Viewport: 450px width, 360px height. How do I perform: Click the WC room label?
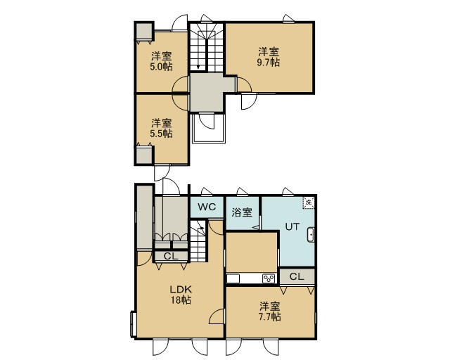coord(207,207)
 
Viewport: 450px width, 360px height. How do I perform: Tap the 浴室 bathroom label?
coord(242,213)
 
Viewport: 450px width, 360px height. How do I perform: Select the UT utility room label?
coord(292,226)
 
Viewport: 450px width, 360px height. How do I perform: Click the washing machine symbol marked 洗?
coord(308,202)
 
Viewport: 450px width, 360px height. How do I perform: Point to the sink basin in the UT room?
coord(311,235)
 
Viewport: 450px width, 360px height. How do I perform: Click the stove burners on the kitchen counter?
coord(269,278)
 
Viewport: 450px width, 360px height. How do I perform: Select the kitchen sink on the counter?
coord(233,278)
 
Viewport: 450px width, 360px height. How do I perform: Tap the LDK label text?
coord(181,290)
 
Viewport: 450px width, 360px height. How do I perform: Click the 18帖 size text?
coord(181,300)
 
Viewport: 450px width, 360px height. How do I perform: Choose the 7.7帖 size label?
coord(269,316)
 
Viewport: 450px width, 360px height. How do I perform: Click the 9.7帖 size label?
coord(269,63)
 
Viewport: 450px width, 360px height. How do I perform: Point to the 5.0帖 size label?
coord(161,67)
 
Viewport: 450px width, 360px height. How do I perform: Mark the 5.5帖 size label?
coord(161,134)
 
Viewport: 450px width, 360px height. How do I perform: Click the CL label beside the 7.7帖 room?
coord(297,276)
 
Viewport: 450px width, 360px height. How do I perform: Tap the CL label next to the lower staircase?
coord(171,256)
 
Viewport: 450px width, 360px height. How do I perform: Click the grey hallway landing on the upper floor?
coord(207,92)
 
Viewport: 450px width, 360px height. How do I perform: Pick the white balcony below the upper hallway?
coord(209,129)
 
